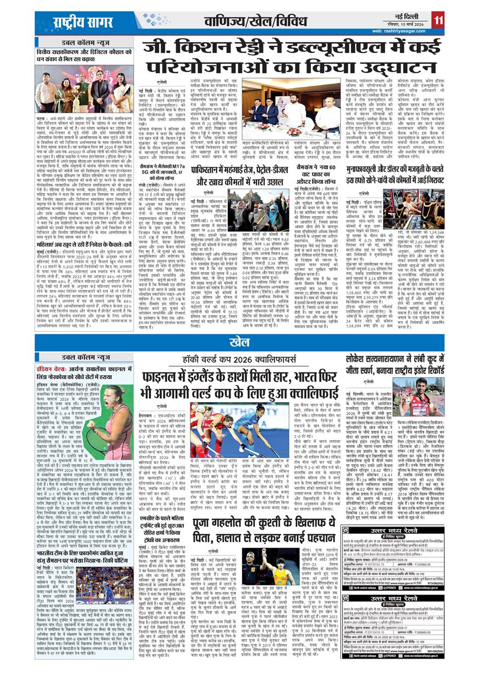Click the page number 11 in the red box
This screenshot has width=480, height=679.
(437, 20)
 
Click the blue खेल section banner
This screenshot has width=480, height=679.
(240, 343)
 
